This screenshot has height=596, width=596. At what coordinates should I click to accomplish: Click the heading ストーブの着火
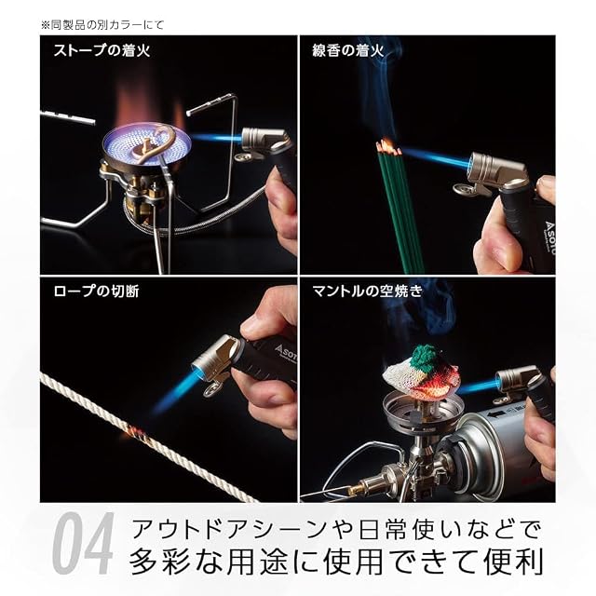tap(102, 50)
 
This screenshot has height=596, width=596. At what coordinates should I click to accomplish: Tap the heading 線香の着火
tap(347, 50)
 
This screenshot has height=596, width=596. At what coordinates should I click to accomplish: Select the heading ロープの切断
tap(96, 291)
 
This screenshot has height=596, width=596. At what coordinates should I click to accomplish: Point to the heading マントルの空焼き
tap(367, 291)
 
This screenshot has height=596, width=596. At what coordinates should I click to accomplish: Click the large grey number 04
tap(83, 544)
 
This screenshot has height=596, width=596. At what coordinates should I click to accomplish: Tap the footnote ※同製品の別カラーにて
tap(102, 25)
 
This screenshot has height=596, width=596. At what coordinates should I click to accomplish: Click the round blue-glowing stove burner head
tap(144, 145)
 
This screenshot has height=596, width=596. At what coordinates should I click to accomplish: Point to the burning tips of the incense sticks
tap(388, 148)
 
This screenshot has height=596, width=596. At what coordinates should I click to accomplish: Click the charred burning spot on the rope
tap(135, 434)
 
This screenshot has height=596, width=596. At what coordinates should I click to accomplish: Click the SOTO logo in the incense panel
tap(549, 237)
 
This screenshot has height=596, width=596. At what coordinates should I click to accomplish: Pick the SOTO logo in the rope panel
tap(285, 352)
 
